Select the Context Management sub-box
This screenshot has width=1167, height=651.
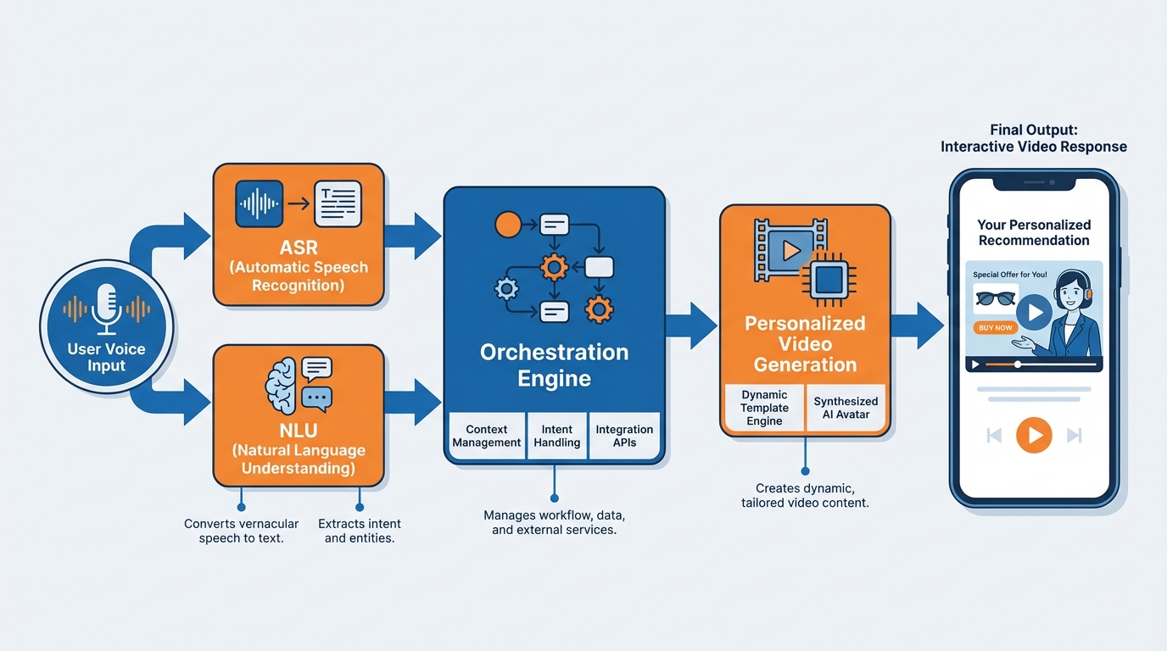click(487, 436)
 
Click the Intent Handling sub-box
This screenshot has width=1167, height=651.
click(557, 436)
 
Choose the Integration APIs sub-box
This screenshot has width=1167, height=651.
click(624, 436)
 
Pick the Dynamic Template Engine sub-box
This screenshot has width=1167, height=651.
click(764, 408)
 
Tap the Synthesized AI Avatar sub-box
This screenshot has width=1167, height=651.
click(846, 408)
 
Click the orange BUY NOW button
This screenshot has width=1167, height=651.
click(996, 327)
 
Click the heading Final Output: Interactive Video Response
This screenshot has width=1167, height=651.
click(1033, 138)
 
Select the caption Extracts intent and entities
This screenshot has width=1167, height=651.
click(360, 531)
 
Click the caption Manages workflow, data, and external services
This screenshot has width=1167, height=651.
click(555, 522)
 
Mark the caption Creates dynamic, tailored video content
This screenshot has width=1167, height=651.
click(805, 496)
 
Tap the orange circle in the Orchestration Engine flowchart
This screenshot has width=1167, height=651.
click(507, 225)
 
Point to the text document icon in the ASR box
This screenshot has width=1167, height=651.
click(338, 204)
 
